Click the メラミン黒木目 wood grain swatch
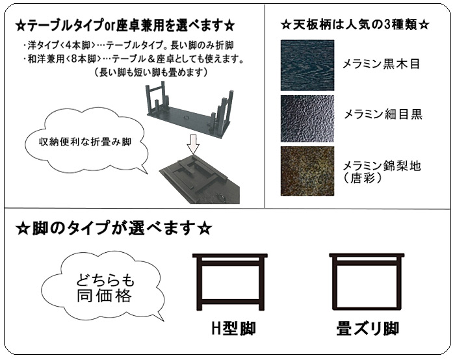click(x=307, y=65)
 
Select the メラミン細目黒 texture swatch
click(x=307, y=119)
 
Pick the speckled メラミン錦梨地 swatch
click(x=307, y=171)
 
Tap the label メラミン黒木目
click(x=382, y=64)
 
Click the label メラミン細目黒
click(x=383, y=114)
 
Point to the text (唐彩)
click(x=363, y=178)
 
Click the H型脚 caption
click(x=233, y=329)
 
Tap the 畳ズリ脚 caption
click(x=368, y=328)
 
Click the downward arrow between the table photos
click(x=193, y=144)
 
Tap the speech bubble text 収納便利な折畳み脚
click(x=85, y=142)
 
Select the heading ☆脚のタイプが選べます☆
click(x=114, y=228)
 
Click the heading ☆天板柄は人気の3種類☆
click(x=355, y=25)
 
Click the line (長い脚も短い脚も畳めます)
click(x=151, y=72)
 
